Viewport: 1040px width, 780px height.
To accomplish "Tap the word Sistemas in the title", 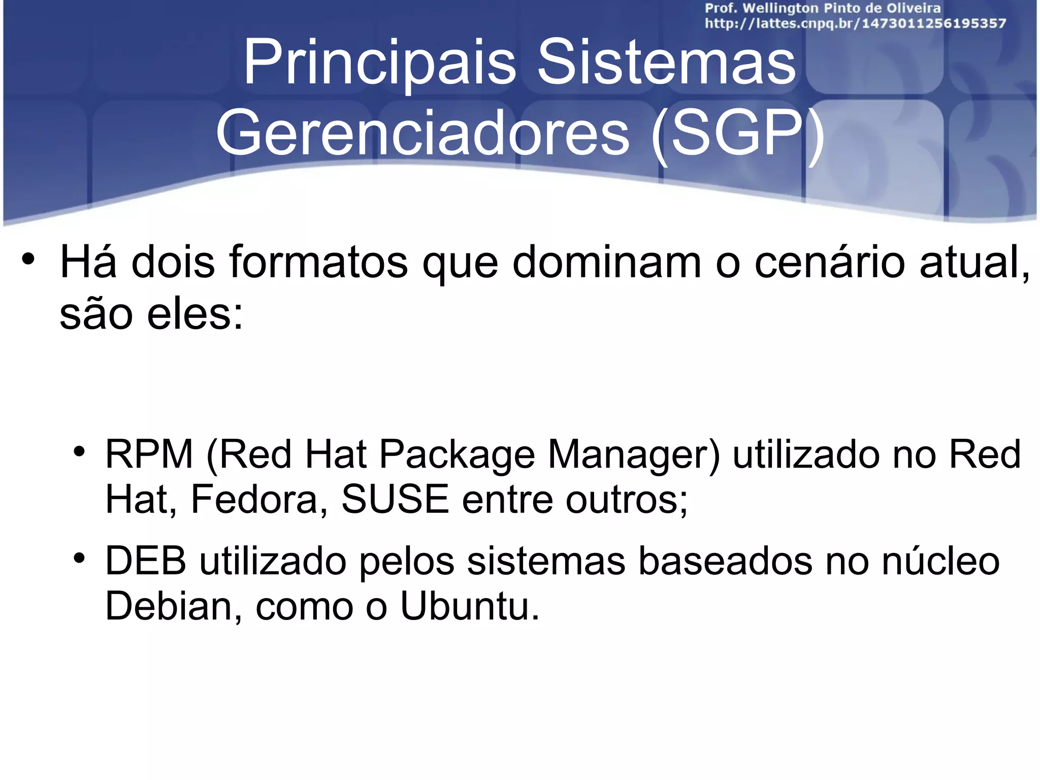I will tap(666, 63).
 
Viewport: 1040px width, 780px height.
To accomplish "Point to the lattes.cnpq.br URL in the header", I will tap(855, 23).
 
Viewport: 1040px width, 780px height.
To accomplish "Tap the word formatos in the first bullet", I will tap(318, 263).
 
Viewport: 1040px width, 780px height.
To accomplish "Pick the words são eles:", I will tap(151, 314).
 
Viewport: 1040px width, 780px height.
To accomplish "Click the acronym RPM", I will tap(149, 454).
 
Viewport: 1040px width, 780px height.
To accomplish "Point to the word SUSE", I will tap(395, 500).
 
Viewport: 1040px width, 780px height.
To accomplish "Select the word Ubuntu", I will tap(469, 606).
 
